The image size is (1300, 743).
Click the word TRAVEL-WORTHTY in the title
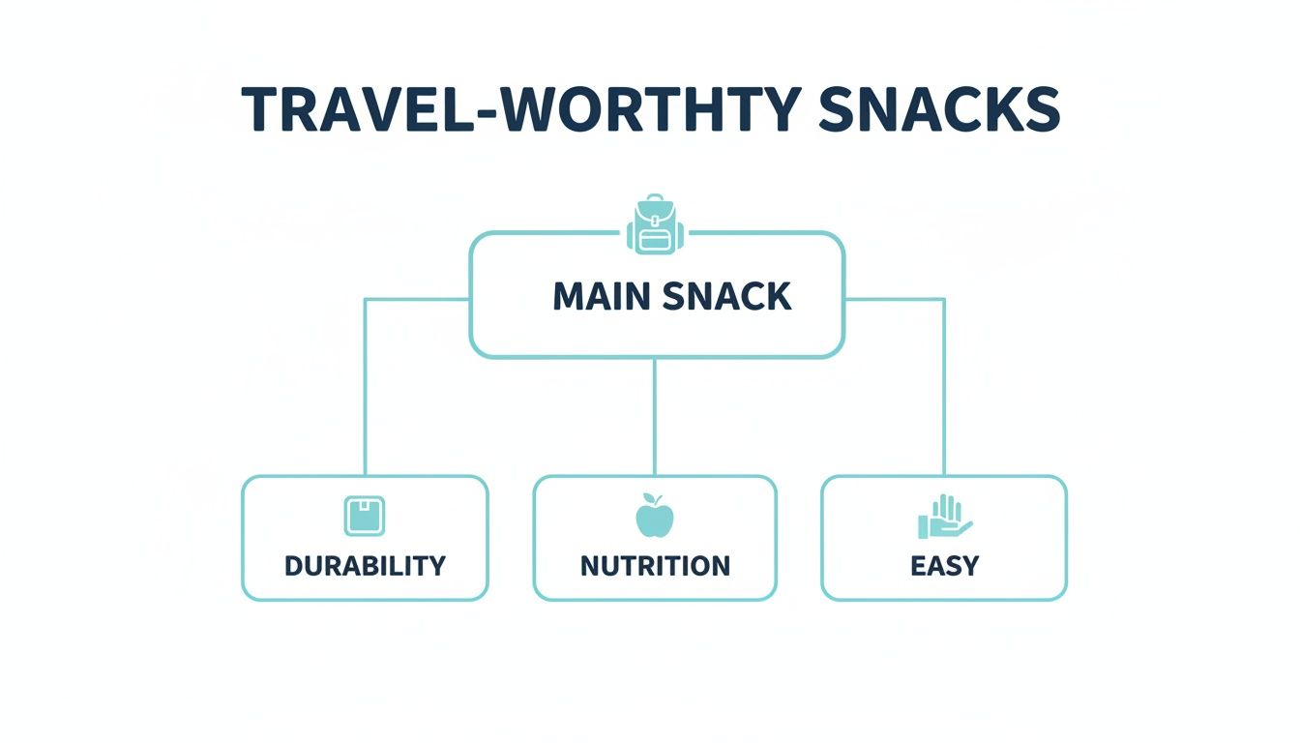point(522,109)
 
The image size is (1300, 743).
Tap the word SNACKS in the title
point(938,109)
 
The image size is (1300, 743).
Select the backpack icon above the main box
point(656,225)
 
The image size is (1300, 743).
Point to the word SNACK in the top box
point(727,297)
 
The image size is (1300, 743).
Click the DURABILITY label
point(365,565)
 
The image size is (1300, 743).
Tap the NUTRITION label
point(655,565)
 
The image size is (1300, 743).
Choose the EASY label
point(944,565)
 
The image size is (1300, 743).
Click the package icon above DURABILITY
point(365,516)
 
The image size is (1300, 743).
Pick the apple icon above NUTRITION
point(655,518)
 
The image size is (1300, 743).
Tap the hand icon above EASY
point(944,518)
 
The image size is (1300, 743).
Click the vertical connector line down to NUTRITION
point(655,416)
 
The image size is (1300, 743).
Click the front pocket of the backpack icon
point(656,238)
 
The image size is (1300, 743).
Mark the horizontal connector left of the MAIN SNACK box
point(416,299)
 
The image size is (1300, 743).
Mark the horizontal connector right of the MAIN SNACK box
point(895,299)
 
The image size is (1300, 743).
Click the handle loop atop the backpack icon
point(656,200)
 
